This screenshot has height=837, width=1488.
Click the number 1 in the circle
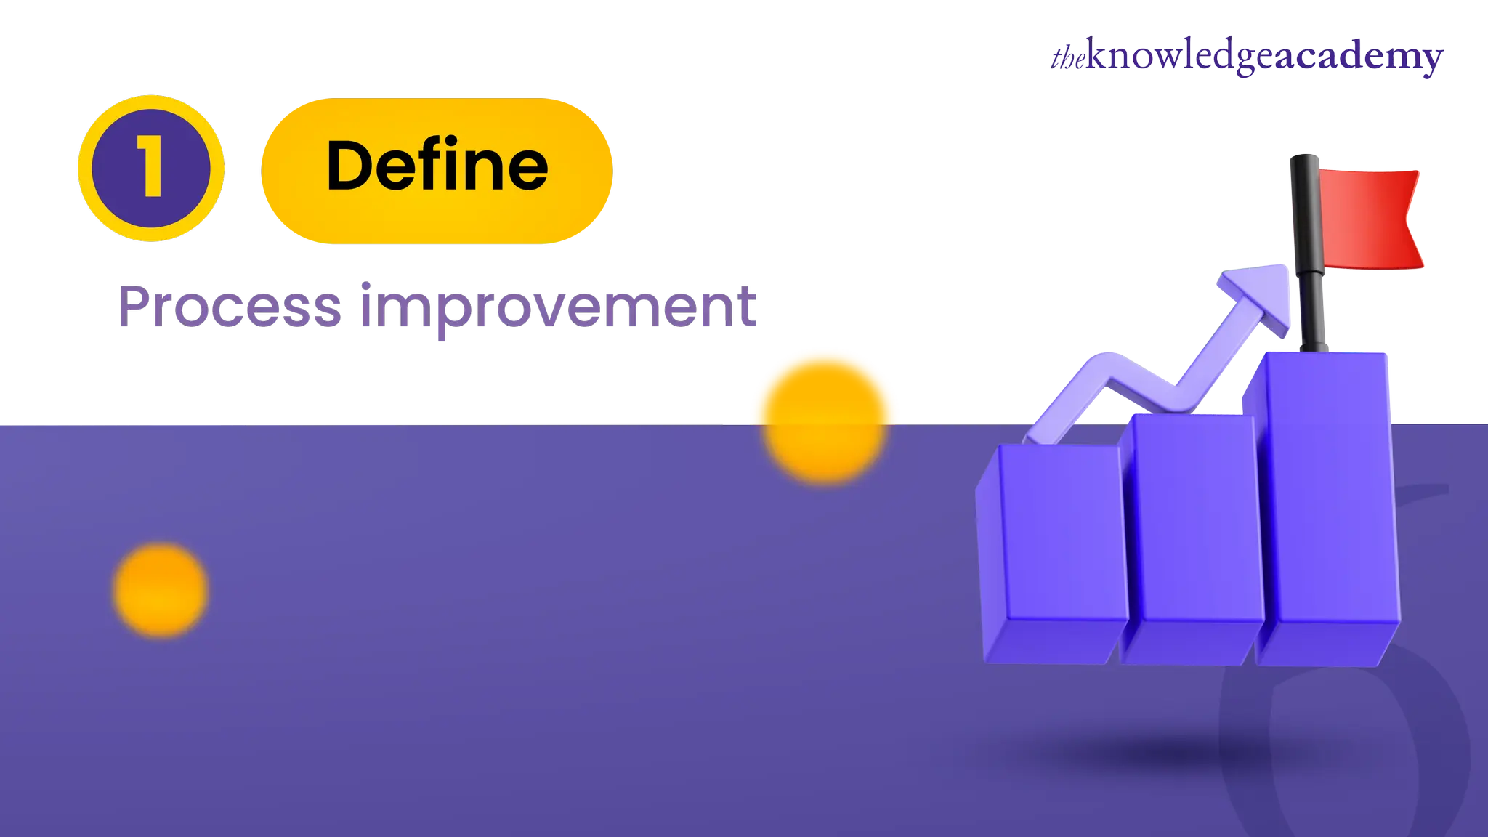tap(151, 168)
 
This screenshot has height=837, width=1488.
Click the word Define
tap(437, 166)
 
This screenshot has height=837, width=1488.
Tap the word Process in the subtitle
tap(230, 306)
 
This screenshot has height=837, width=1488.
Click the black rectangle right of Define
tap(945, 171)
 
